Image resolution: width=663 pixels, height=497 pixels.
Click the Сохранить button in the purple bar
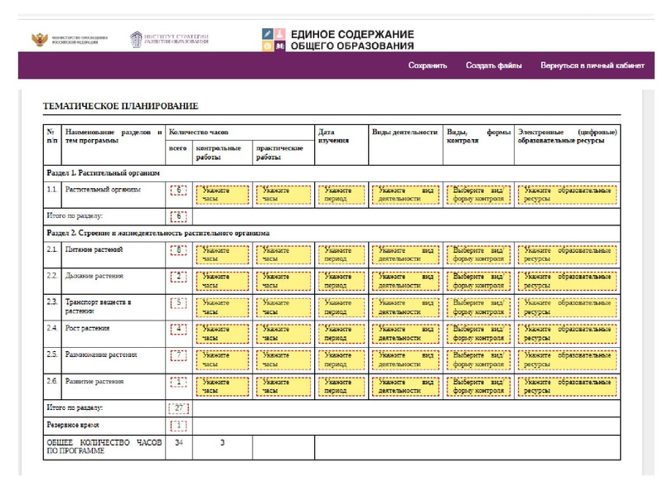click(x=428, y=65)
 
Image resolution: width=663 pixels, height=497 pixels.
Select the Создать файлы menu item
click(x=494, y=65)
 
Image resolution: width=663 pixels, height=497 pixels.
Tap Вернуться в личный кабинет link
click(x=592, y=65)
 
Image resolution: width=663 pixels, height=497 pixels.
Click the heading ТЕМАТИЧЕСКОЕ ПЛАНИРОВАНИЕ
click(x=121, y=106)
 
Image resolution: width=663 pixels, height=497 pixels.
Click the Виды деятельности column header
click(x=404, y=132)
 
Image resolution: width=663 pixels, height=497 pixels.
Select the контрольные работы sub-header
click(x=219, y=152)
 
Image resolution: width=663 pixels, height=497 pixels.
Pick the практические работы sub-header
click(x=279, y=152)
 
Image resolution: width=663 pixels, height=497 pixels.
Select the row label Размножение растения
click(x=101, y=355)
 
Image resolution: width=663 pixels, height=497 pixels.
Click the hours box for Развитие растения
click(x=178, y=382)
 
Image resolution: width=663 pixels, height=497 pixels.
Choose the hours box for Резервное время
click(x=178, y=425)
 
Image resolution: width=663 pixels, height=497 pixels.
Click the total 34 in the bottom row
click(x=178, y=442)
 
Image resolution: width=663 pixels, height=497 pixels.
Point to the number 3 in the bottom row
click(x=222, y=442)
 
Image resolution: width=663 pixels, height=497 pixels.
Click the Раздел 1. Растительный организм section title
click(x=102, y=172)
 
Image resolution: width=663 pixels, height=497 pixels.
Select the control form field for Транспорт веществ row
click(x=477, y=307)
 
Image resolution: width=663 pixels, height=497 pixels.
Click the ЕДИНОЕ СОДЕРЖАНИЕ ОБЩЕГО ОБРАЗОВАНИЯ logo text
click(x=351, y=39)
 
